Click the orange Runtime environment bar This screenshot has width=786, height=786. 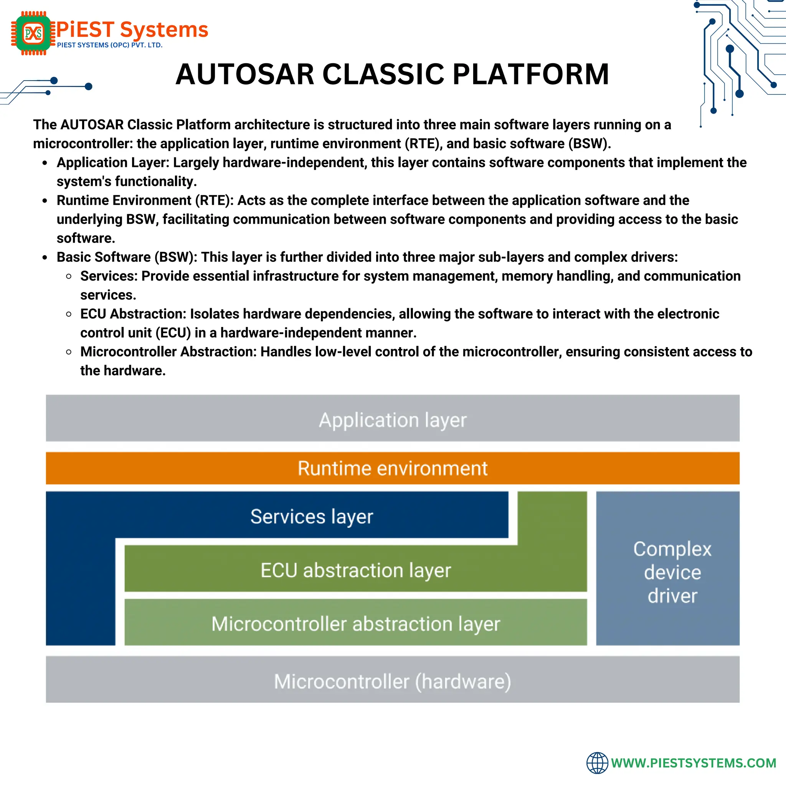pyautogui.click(x=393, y=468)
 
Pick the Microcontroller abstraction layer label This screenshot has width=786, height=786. pyautogui.click(x=355, y=624)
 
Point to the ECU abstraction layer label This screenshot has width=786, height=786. pyautogui.click(x=355, y=570)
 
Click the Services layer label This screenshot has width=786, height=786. pyautogui.click(x=312, y=516)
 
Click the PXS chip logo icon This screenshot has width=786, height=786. pyautogui.click(x=33, y=33)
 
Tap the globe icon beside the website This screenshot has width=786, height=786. pyautogui.click(x=597, y=763)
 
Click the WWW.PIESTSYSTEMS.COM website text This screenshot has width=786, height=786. pyautogui.click(x=694, y=763)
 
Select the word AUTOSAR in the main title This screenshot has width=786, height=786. pyautogui.click(x=245, y=74)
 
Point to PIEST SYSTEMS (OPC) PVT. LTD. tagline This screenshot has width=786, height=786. pyautogui.click(x=109, y=45)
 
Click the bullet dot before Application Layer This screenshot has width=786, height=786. pyautogui.click(x=45, y=163)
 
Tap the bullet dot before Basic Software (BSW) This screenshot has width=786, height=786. pyautogui.click(x=45, y=258)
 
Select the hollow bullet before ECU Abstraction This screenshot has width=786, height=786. pyautogui.click(x=69, y=314)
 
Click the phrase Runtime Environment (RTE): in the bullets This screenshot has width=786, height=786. pyautogui.click(x=145, y=200)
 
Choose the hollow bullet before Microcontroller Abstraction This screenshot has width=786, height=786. pyautogui.click(x=69, y=352)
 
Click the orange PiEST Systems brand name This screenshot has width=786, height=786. pyautogui.click(x=132, y=30)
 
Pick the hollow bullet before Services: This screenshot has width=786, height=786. pyautogui.click(x=69, y=276)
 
